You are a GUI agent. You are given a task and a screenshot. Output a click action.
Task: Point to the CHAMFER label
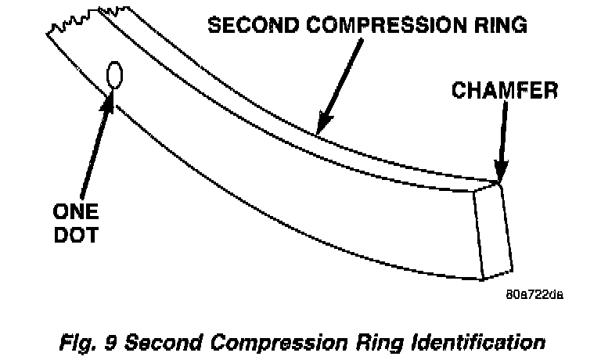[506, 90]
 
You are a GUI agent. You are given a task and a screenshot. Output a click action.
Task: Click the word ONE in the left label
[75, 212]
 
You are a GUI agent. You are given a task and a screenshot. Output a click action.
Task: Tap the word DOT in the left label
[75, 234]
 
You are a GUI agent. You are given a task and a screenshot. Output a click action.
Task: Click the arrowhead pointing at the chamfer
[502, 171]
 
